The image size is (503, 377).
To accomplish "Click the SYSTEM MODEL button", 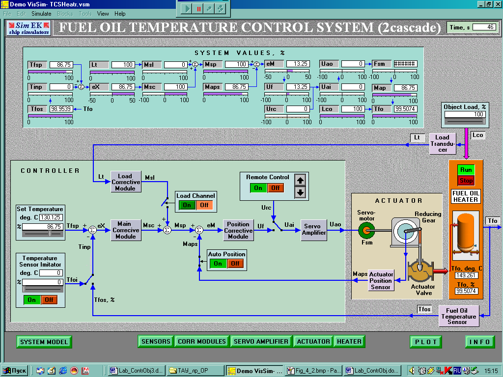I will [44, 342].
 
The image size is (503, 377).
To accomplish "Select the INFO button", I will [479, 342].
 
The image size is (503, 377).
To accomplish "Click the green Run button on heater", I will [466, 170].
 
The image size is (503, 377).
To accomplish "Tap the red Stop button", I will [466, 181].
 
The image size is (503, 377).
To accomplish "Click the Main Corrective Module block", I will [126, 230].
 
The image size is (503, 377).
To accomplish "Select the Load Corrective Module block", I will [126, 182].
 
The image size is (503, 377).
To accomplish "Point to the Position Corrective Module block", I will [238, 230].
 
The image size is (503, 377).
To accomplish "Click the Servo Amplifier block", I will [314, 230].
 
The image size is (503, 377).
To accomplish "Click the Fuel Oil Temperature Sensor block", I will [458, 316].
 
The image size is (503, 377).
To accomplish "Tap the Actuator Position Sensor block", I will [381, 280].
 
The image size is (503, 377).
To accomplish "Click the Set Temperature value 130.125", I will [49, 217].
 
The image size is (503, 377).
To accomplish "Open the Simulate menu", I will [41, 14].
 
